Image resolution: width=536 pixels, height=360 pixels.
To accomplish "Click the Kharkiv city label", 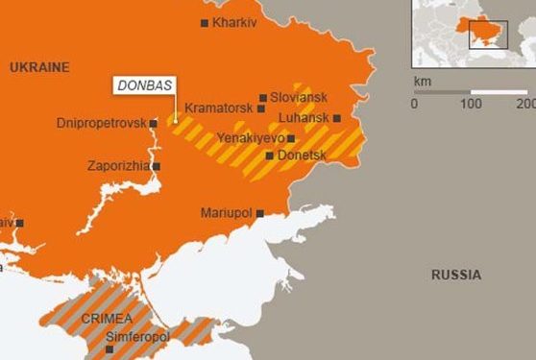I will click(x=235, y=22).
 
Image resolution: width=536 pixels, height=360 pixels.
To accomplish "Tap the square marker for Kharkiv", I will click(x=205, y=22).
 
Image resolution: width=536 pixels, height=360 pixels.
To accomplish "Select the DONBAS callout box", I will click(x=144, y=85).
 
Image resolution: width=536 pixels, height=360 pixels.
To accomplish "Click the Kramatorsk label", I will click(x=220, y=108).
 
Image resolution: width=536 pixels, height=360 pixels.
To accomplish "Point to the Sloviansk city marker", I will click(x=262, y=97).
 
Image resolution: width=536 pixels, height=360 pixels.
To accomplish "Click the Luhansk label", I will click(x=303, y=118).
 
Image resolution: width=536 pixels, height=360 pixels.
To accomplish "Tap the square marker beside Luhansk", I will click(x=337, y=118).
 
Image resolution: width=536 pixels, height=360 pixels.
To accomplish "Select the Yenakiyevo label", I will click(x=251, y=138).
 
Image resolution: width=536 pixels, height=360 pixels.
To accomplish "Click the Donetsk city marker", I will click(x=270, y=155).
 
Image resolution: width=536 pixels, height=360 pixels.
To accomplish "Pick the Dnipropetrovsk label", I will click(x=102, y=123).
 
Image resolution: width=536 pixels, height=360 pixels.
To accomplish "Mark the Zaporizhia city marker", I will click(x=157, y=166).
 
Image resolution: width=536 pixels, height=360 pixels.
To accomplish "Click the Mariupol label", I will click(x=227, y=212).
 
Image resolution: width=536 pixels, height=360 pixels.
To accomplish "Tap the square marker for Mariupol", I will click(x=260, y=213).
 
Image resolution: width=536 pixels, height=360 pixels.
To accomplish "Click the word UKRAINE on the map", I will click(x=39, y=67).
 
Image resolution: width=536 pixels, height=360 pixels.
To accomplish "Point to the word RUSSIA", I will click(x=456, y=276).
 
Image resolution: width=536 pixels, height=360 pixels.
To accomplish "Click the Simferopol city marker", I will click(x=109, y=349).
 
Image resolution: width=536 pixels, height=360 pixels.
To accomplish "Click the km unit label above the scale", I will click(x=422, y=81).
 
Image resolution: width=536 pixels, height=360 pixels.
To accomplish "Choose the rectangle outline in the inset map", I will click(x=488, y=35).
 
